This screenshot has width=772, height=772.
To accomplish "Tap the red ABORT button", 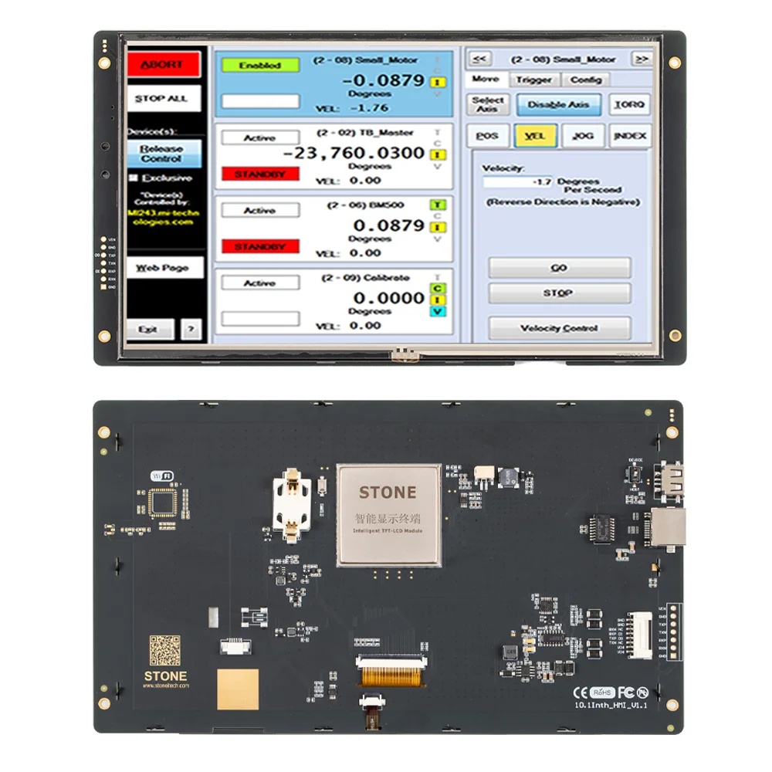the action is click(x=163, y=65).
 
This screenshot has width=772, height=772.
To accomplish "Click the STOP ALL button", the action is click(x=163, y=99).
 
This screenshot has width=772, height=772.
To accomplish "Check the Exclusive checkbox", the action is click(x=134, y=178).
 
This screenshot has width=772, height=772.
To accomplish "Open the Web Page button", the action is click(x=164, y=268).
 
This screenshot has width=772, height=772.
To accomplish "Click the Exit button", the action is click(x=149, y=329).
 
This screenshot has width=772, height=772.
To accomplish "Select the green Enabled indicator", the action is click(x=260, y=66).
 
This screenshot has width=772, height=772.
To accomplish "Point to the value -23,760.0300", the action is click(x=354, y=153).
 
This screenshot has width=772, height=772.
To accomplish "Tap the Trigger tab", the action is click(x=534, y=80).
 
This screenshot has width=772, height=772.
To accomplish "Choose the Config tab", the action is click(x=587, y=80).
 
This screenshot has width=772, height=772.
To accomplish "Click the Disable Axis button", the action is click(x=558, y=104).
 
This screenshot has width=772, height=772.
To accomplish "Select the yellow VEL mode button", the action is click(x=534, y=136).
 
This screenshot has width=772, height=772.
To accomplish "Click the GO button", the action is click(x=559, y=268).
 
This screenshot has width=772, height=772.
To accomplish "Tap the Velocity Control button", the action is click(x=559, y=328).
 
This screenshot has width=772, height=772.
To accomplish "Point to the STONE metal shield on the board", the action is click(x=388, y=513).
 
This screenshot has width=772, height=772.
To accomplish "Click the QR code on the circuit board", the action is click(x=164, y=649).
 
